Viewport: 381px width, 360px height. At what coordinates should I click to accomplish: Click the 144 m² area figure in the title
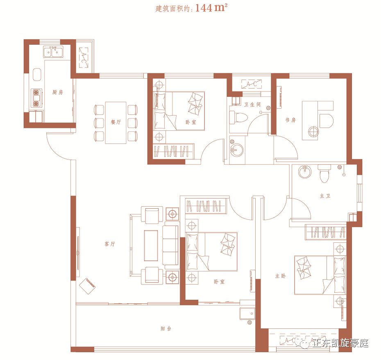point(211,8)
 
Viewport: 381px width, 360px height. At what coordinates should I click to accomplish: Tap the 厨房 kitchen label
point(58,92)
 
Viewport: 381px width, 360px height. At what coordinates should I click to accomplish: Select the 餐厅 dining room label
point(116,122)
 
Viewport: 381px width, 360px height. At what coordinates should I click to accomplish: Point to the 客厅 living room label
point(109,244)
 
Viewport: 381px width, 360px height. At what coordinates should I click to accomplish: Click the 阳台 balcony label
point(166,328)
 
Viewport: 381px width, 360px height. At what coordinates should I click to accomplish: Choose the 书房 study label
point(290,120)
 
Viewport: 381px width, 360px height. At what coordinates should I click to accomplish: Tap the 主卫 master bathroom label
point(325,196)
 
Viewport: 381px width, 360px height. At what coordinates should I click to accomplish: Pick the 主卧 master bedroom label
point(280,276)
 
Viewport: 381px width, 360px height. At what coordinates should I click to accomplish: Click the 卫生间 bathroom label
point(252,105)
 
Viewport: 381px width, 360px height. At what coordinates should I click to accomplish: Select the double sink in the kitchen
point(53,52)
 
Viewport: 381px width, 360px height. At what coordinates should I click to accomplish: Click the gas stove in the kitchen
point(36,98)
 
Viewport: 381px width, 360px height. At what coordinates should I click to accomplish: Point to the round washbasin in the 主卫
point(305,172)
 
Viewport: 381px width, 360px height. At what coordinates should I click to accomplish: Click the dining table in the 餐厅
point(116,123)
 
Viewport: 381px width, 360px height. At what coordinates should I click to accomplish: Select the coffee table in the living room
point(151,246)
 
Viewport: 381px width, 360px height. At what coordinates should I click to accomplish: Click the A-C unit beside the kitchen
point(83,58)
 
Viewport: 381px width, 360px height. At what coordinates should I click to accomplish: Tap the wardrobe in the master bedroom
point(326,232)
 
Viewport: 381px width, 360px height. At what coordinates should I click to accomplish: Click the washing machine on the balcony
point(247,314)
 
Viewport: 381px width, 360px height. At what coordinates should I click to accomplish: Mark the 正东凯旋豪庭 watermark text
point(340,343)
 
